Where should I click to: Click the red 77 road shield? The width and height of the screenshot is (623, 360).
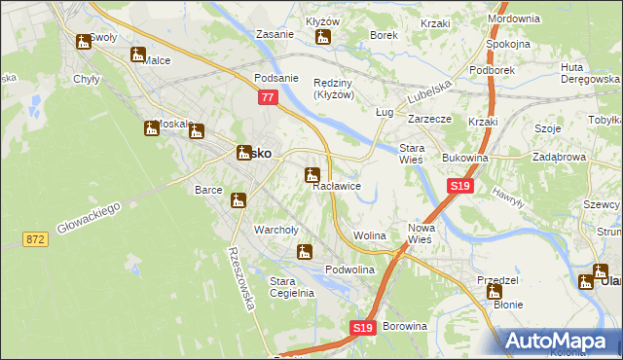coord(268,98)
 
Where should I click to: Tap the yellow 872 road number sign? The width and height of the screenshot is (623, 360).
coord(36,238)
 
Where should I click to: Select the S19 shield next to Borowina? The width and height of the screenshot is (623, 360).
coord(362,329)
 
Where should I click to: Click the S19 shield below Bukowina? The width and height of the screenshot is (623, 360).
coord(460,185)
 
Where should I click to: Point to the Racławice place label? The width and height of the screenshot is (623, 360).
coord(337,186)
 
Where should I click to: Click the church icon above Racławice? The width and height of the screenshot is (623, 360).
coord(311,175)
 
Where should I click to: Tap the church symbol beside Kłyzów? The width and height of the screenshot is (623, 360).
coord(323,38)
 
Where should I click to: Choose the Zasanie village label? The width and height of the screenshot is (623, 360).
coord(275,34)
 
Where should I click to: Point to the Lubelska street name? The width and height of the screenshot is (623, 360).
coord(429,94)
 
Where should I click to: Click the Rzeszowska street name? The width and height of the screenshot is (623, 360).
coord(241,277)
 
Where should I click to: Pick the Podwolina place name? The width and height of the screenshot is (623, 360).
coord(350,270)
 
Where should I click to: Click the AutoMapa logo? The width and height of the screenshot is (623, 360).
coord(559,341)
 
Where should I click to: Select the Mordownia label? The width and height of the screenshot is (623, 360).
coord(513,18)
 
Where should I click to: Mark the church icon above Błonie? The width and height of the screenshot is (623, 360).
coord(495,290)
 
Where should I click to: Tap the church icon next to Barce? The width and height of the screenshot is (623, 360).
coord(238,200)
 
